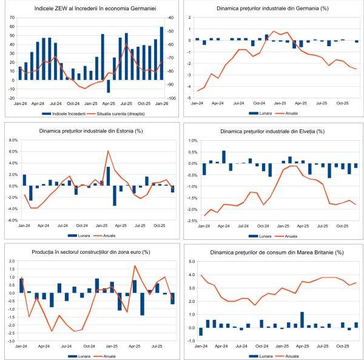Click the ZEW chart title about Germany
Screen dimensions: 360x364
click(x=90, y=8)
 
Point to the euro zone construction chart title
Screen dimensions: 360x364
click(x=90, y=251)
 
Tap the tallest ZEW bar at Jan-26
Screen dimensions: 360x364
click(x=161, y=53)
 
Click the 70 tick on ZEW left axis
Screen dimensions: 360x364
click(x=12, y=18)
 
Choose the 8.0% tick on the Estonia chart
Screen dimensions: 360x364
click(x=13, y=140)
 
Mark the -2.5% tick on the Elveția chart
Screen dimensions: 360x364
click(x=190, y=220)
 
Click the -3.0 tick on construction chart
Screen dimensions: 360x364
click(x=12, y=341)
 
